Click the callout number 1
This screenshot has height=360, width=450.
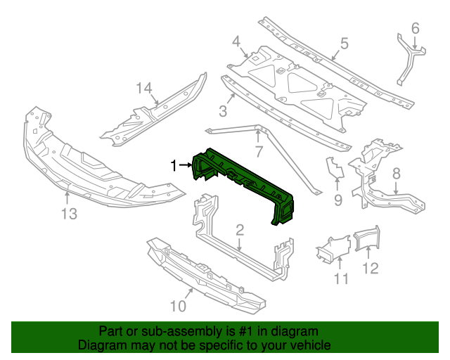click(x=173, y=165)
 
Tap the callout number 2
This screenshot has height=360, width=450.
click(x=239, y=229)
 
